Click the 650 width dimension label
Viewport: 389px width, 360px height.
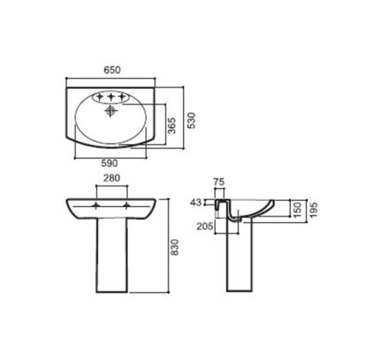(x=112, y=70)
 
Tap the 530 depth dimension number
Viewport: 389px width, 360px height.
(x=191, y=121)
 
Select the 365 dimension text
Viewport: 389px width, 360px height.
(x=172, y=126)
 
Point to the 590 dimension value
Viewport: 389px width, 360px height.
(x=109, y=163)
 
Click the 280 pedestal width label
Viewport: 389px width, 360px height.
(x=112, y=178)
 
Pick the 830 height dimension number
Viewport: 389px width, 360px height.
(x=175, y=247)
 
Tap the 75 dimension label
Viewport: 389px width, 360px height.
(x=219, y=182)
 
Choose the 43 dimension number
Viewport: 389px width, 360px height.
(x=196, y=202)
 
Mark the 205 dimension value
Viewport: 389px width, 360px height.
(x=205, y=226)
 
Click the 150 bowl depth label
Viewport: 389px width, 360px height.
(x=297, y=210)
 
